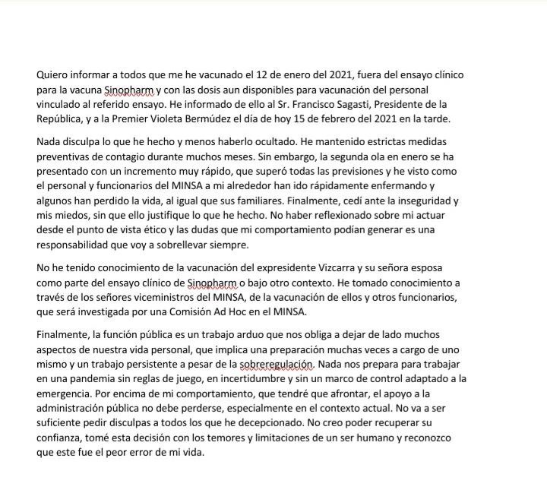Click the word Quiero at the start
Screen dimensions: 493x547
pos(52,76)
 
